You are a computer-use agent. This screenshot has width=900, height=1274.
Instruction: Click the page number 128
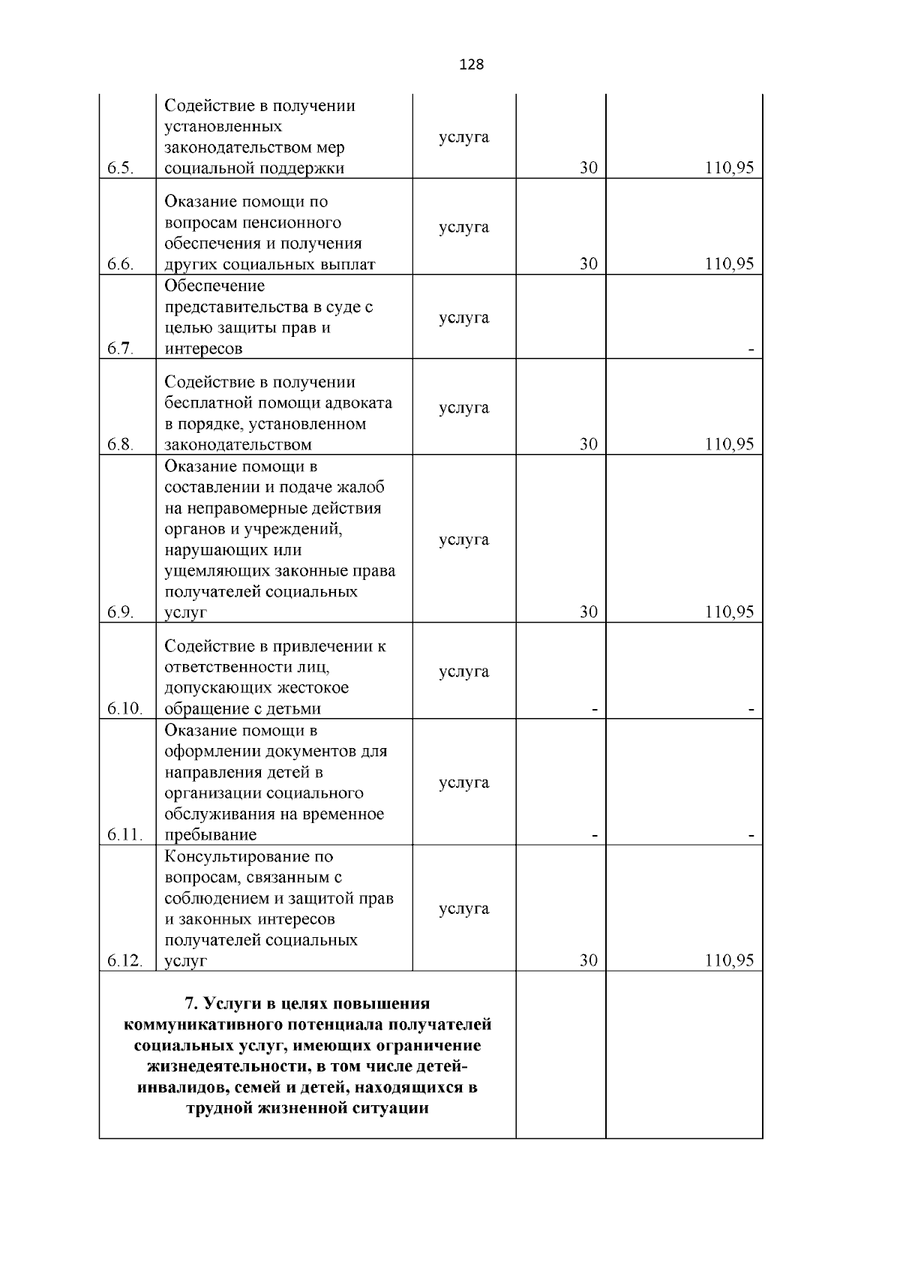tap(471, 65)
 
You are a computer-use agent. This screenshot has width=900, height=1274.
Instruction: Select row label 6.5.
tap(120, 168)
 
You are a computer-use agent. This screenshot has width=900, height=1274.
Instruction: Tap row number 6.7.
tap(120, 348)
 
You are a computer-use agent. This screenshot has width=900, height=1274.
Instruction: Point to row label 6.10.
tap(124, 708)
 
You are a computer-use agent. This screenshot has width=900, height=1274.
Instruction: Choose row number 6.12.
tap(124, 960)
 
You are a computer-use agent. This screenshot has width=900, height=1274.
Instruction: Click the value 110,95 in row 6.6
tap(729, 264)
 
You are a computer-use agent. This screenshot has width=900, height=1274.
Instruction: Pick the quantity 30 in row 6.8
tap(589, 444)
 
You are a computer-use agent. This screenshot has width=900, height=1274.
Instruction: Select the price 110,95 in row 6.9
tap(729, 612)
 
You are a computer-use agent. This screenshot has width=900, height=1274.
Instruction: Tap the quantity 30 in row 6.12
tap(589, 960)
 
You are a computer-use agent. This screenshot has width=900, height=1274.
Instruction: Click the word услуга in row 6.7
tap(463, 317)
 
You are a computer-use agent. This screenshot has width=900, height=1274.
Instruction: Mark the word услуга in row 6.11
tap(463, 783)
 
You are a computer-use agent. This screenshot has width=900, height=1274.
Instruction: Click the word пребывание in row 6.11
tap(211, 835)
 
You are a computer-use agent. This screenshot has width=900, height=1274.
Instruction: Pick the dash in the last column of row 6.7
tap(751, 349)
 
